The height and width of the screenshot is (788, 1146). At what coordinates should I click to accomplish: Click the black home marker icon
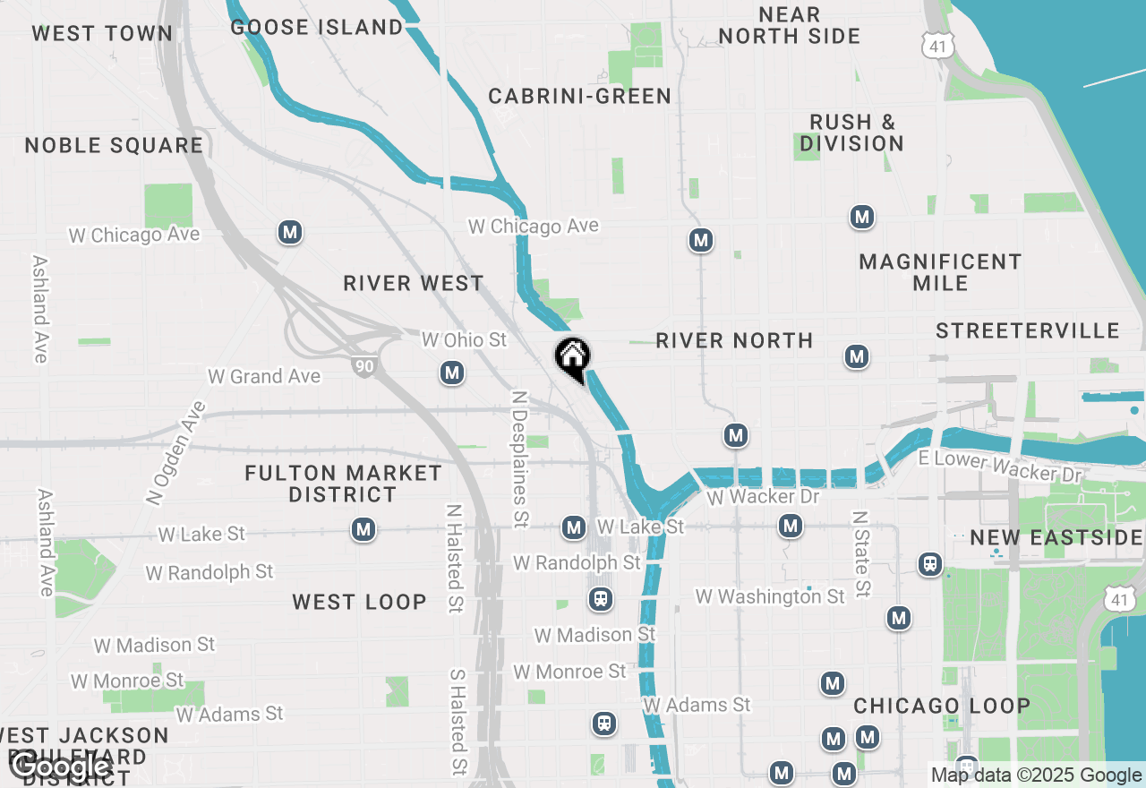572,357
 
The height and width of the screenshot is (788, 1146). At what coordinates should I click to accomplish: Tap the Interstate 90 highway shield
363,365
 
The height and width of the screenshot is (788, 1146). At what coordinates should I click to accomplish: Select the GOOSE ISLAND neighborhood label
317,27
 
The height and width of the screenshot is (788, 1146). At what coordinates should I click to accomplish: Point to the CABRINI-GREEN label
579,96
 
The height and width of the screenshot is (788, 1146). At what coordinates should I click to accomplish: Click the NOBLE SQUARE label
114,145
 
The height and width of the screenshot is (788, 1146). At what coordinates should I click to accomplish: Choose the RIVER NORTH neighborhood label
734,340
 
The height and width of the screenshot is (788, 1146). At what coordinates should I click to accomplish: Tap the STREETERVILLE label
1027,331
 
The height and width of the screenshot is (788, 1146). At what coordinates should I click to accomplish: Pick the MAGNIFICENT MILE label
940,272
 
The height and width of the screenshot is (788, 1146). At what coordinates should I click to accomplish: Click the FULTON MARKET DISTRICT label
343,484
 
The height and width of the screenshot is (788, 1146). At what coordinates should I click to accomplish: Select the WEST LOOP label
359,602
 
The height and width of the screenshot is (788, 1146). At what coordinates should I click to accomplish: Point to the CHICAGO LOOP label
942,706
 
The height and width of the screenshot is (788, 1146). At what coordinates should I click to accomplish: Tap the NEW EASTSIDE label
1056,537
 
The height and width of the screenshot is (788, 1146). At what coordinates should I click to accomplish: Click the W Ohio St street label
464,339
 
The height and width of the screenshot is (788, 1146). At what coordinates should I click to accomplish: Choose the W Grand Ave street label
264,376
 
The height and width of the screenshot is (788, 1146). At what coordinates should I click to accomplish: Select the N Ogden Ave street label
175,452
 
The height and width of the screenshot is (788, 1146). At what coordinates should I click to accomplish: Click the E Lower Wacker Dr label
1000,466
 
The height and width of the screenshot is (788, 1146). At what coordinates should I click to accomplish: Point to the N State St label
860,554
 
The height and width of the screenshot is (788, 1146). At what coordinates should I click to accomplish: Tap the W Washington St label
770,595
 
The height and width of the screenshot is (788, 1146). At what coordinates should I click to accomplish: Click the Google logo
61,766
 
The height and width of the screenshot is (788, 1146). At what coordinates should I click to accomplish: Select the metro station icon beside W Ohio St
452,373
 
